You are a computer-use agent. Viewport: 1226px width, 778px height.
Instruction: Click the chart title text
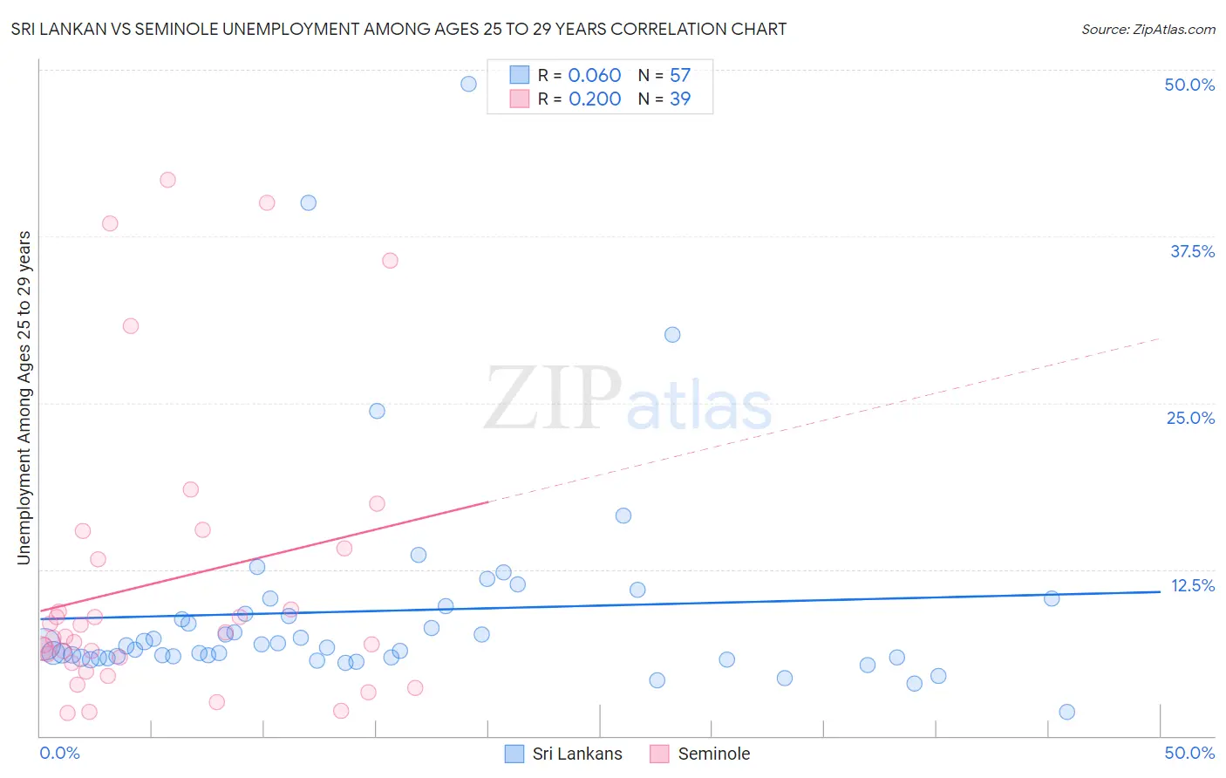point(398,29)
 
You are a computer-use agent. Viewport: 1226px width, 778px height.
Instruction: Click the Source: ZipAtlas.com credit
point(1148,29)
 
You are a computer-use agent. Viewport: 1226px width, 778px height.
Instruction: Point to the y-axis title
point(24,398)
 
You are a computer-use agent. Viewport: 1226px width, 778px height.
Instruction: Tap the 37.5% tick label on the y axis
point(1192,251)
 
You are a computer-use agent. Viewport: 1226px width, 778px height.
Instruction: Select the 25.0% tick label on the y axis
point(1190,418)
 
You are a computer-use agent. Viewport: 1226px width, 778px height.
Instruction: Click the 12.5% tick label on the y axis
point(1192,585)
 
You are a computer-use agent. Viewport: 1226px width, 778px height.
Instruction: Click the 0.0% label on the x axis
point(59,753)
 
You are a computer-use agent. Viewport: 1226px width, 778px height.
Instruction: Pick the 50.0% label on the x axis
point(1189,753)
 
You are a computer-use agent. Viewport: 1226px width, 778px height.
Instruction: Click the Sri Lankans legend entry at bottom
point(564,754)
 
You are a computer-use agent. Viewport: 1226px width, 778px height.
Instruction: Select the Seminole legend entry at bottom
point(700,754)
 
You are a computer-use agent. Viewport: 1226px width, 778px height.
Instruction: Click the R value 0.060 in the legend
point(594,75)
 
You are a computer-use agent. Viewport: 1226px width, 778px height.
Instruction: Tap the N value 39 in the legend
point(680,99)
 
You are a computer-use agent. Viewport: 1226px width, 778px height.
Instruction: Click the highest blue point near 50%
point(468,84)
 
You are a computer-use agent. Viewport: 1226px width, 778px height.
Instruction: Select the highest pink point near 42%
point(167,180)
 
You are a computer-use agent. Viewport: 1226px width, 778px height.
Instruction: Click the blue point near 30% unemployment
point(672,335)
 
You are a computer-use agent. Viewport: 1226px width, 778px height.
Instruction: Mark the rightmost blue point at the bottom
point(1066,712)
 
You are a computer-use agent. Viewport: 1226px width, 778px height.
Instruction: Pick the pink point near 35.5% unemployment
point(390,261)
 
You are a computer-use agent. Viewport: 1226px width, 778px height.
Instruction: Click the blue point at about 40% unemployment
point(308,202)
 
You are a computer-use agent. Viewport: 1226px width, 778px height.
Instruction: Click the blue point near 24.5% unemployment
point(377,411)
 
